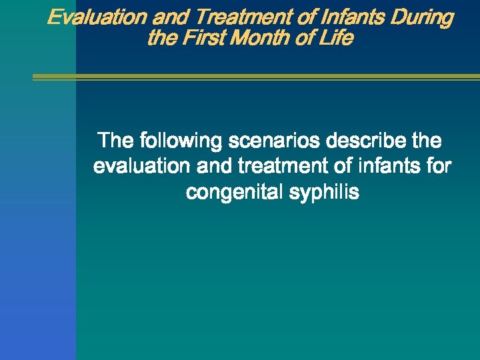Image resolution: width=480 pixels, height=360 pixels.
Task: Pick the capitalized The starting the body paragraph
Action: [x=115, y=141]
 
